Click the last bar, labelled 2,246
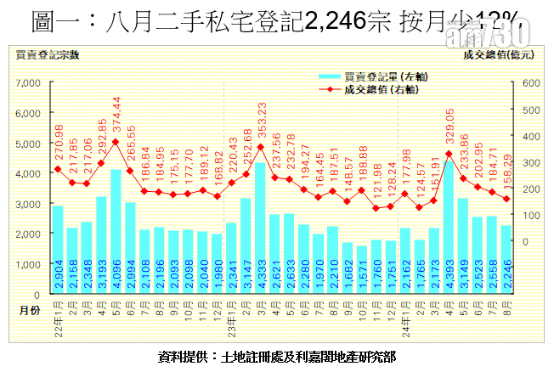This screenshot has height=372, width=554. (506, 260)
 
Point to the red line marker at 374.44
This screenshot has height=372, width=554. (116, 142)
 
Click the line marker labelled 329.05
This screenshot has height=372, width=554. (448, 155)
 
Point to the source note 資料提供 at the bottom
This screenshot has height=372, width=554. (277, 356)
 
